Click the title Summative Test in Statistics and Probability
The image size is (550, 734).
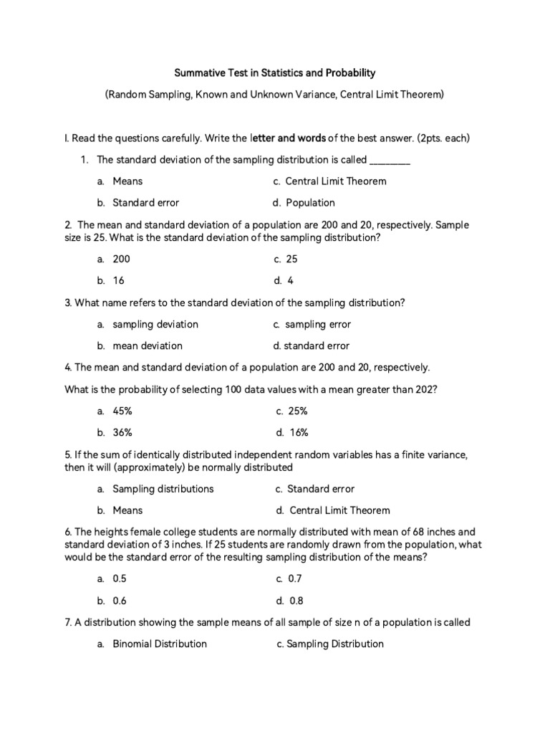(275, 73)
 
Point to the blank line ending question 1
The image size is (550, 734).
(390, 160)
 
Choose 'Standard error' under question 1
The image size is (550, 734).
(146, 202)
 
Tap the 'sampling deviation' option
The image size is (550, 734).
(155, 324)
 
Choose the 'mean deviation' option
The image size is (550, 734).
(148, 345)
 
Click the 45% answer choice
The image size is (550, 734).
(122, 411)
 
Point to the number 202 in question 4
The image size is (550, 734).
(425, 389)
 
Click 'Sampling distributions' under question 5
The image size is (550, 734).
(163, 489)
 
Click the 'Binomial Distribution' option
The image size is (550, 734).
(160, 644)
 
